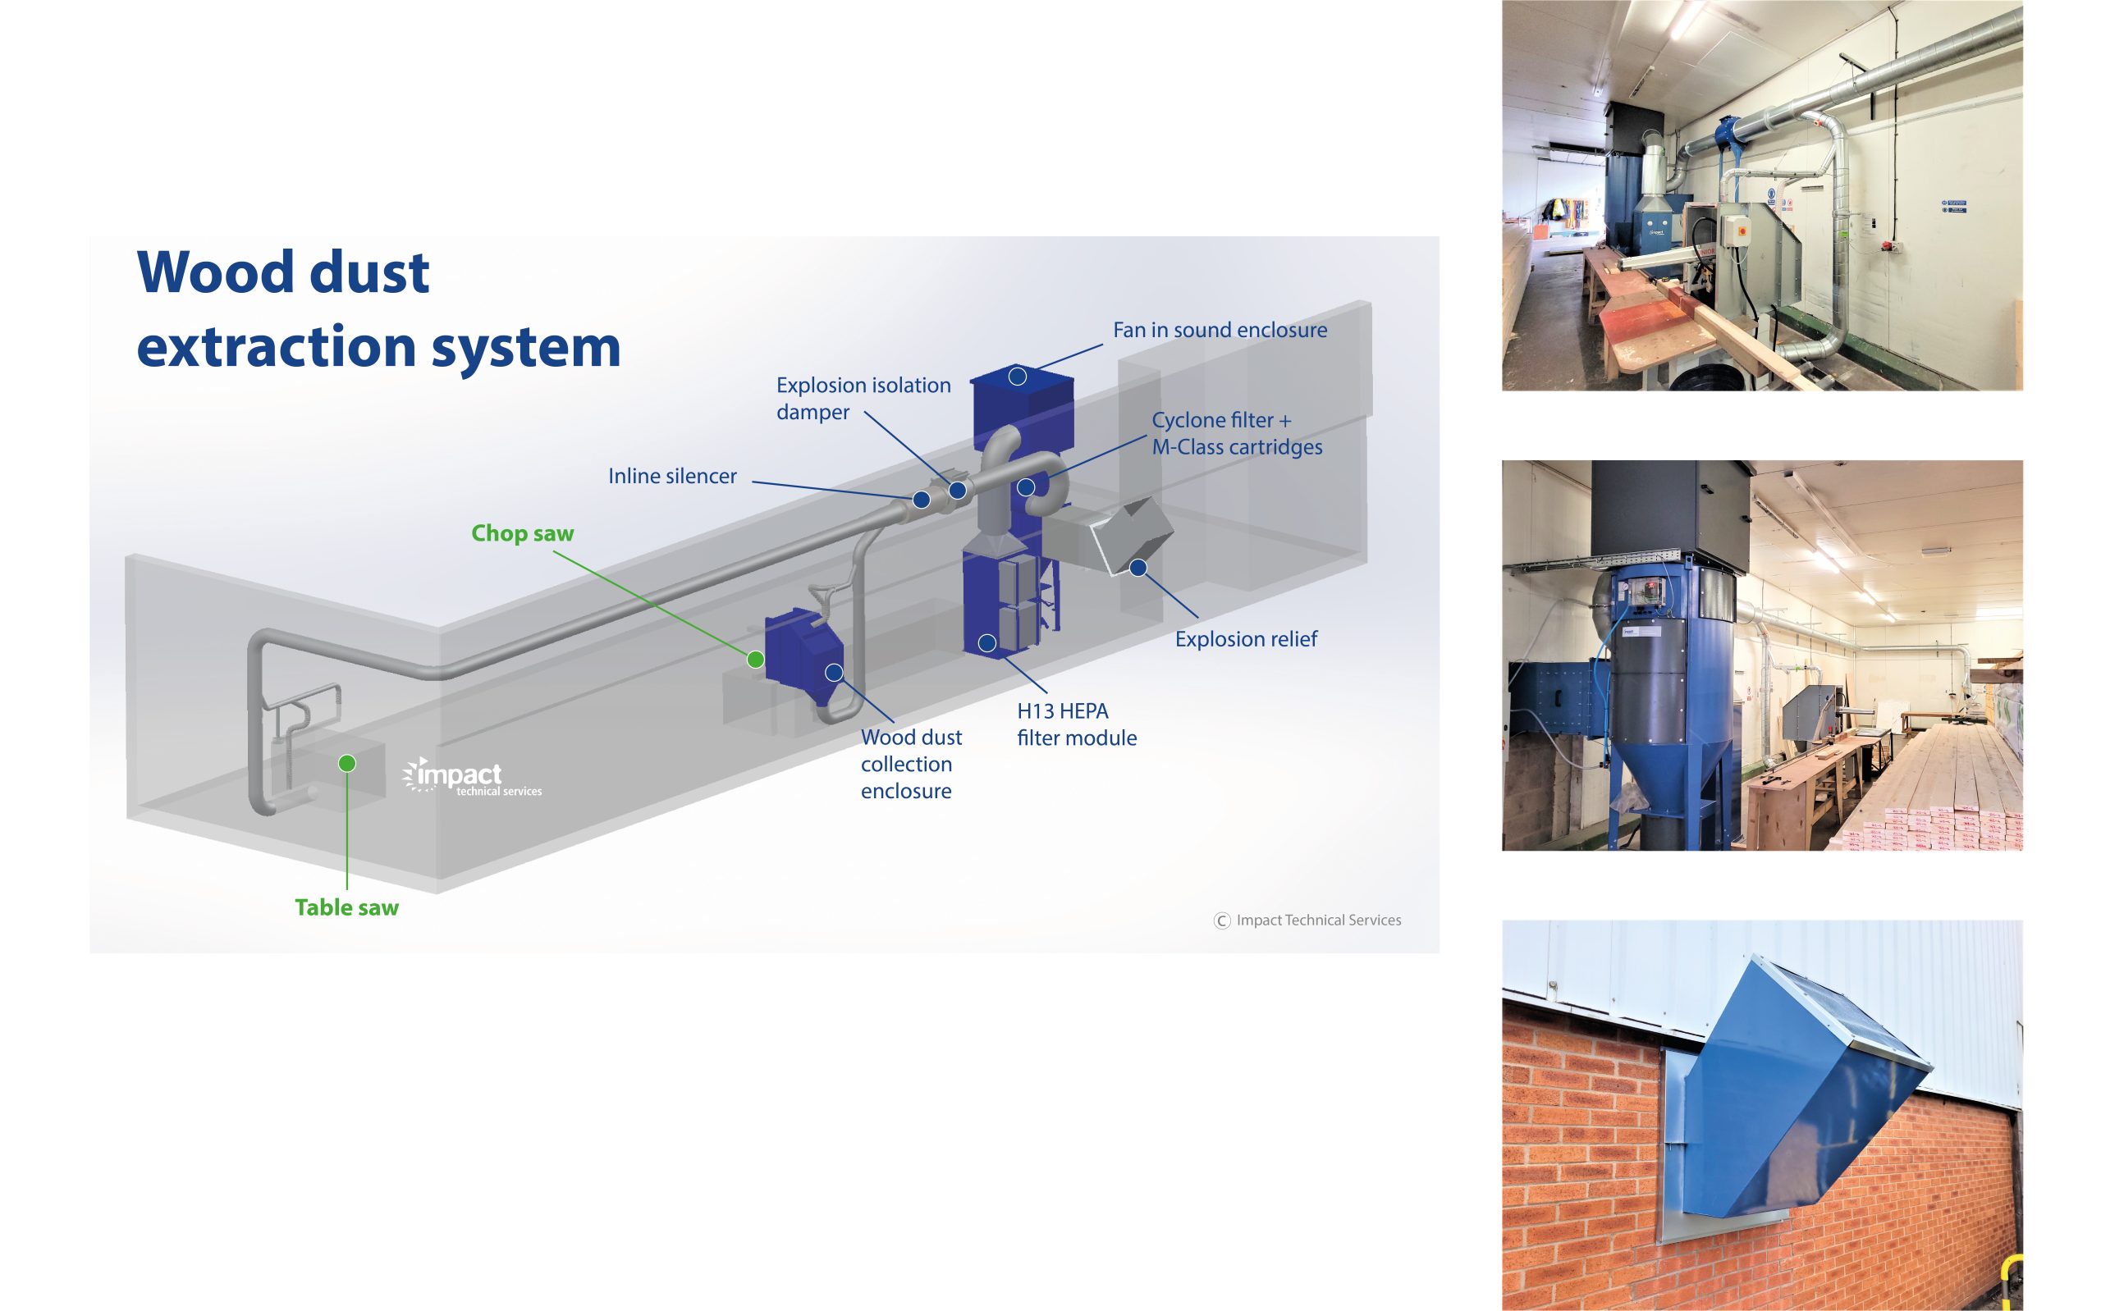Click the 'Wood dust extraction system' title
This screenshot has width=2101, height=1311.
378,309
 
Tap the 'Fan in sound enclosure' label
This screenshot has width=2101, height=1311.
1219,331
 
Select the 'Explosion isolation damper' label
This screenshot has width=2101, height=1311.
863,398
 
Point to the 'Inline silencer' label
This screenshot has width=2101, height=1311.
672,476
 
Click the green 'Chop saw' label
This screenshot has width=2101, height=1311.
522,533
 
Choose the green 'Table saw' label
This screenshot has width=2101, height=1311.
346,908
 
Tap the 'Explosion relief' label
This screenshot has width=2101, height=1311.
1245,639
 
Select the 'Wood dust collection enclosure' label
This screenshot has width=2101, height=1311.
910,764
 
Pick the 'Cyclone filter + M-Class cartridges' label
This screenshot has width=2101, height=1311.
1237,433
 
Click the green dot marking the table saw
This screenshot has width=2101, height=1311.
347,763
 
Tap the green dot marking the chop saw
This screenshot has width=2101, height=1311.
755,660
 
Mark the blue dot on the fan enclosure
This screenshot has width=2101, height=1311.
1018,377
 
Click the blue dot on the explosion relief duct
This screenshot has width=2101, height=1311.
1138,568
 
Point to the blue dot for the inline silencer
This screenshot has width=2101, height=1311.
922,500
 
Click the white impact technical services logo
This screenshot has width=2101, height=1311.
473,777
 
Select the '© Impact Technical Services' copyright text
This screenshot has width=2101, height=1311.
1307,920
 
